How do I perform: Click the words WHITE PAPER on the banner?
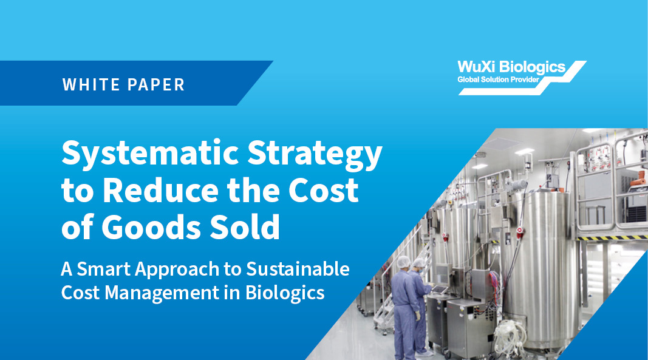123,84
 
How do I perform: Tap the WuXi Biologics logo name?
511,67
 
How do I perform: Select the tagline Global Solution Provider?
499,80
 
